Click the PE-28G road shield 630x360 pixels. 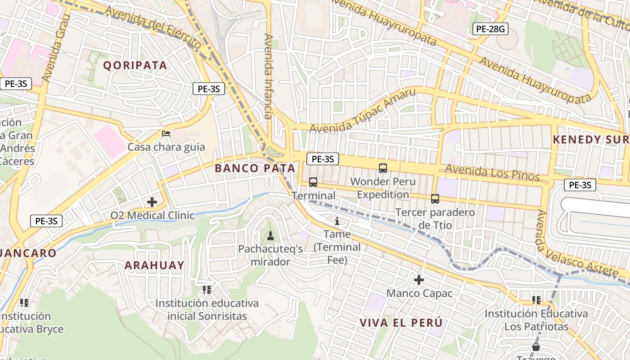click(x=490, y=30)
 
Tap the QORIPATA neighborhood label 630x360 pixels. click(x=135, y=65)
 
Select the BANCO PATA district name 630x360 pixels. click(x=255, y=168)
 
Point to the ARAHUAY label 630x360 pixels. click(x=154, y=265)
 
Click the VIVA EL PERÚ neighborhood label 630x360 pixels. click(x=401, y=323)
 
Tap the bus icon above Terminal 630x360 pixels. click(x=313, y=182)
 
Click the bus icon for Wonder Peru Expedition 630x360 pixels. click(x=383, y=168)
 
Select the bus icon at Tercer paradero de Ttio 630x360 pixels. click(x=435, y=198)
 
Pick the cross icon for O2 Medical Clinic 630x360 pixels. click(x=152, y=202)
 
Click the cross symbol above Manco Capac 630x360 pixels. click(x=419, y=280)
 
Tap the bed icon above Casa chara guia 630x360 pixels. click(x=166, y=134)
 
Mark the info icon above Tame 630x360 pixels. click(x=337, y=221)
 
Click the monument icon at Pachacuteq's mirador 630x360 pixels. click(x=270, y=235)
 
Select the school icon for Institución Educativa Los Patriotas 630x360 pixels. click(x=536, y=300)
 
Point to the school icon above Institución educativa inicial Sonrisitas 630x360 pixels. click(x=207, y=289)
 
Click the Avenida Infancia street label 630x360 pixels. click(x=269, y=76)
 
